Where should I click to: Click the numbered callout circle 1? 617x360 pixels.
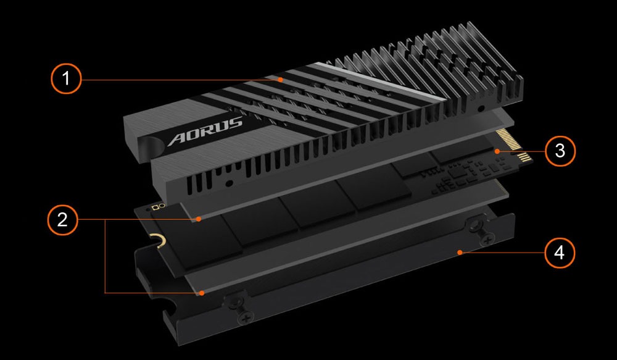(66, 78)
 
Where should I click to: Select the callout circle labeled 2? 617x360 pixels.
(62, 219)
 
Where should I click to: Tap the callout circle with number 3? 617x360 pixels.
(560, 151)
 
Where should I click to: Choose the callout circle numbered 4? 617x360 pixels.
(560, 253)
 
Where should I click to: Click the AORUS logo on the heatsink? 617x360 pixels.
(205, 131)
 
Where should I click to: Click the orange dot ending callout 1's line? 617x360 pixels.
(280, 80)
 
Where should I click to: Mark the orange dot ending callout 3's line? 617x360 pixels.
(497, 151)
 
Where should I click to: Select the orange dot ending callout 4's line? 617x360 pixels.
(460, 253)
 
